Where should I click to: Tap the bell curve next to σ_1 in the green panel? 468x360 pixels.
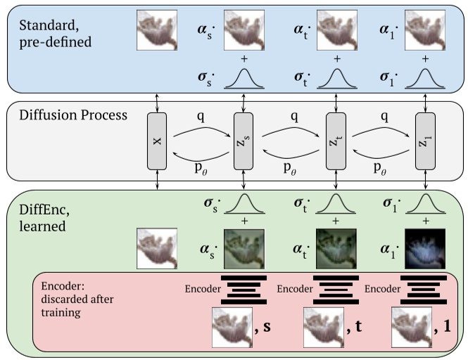424,205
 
